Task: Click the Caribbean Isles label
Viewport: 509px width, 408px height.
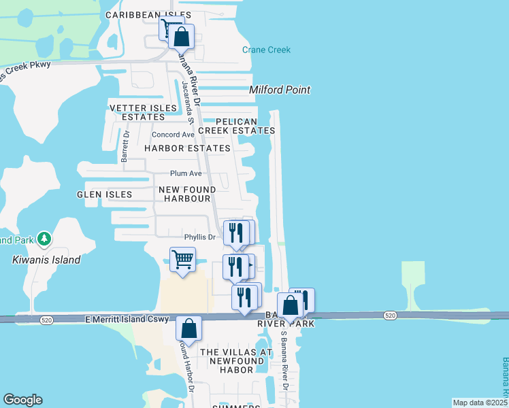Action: tap(148, 15)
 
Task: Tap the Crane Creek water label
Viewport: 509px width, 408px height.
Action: tap(266, 50)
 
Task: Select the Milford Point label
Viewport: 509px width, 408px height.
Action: tap(280, 90)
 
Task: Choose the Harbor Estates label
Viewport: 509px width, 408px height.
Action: tap(187, 148)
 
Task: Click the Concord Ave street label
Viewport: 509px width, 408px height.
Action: tap(173, 135)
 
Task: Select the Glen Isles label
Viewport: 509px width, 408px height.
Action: tap(105, 194)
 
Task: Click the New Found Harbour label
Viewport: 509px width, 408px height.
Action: tap(186, 194)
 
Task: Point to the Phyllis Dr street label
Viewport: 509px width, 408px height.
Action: tap(199, 237)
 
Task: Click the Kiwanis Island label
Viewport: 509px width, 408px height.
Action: tap(46, 260)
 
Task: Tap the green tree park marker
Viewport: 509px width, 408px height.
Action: tap(44, 239)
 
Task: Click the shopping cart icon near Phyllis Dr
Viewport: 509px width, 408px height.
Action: tap(182, 259)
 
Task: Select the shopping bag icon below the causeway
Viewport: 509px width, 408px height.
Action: tap(189, 328)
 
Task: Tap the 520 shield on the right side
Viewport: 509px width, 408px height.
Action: tap(390, 316)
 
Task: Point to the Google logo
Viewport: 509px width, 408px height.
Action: tap(23, 400)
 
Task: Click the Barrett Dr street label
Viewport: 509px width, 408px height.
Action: tap(125, 146)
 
